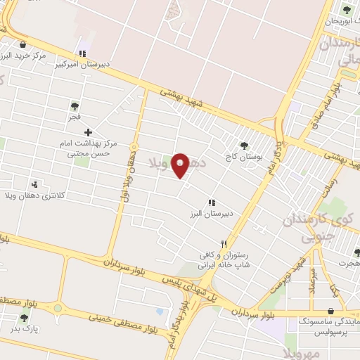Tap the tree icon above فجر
point(75,106)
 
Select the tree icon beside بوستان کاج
point(244,146)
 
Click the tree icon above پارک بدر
point(25,318)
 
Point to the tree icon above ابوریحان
point(346,9)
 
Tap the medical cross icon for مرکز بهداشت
point(88,132)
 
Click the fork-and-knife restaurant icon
point(224,243)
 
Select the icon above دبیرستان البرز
point(211,202)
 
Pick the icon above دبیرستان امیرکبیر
point(83,53)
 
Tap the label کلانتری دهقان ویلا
point(38,195)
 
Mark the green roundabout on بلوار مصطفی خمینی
point(57,308)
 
